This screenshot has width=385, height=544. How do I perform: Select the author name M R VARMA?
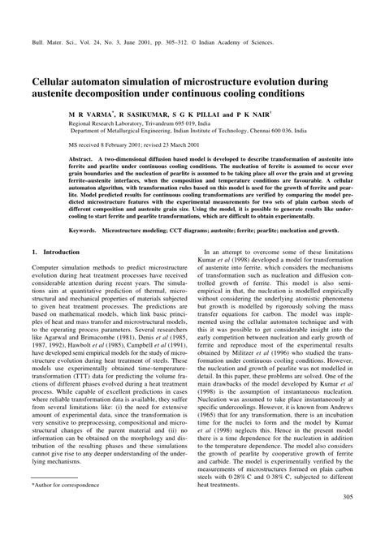89,115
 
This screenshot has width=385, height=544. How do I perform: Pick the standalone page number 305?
347,521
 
